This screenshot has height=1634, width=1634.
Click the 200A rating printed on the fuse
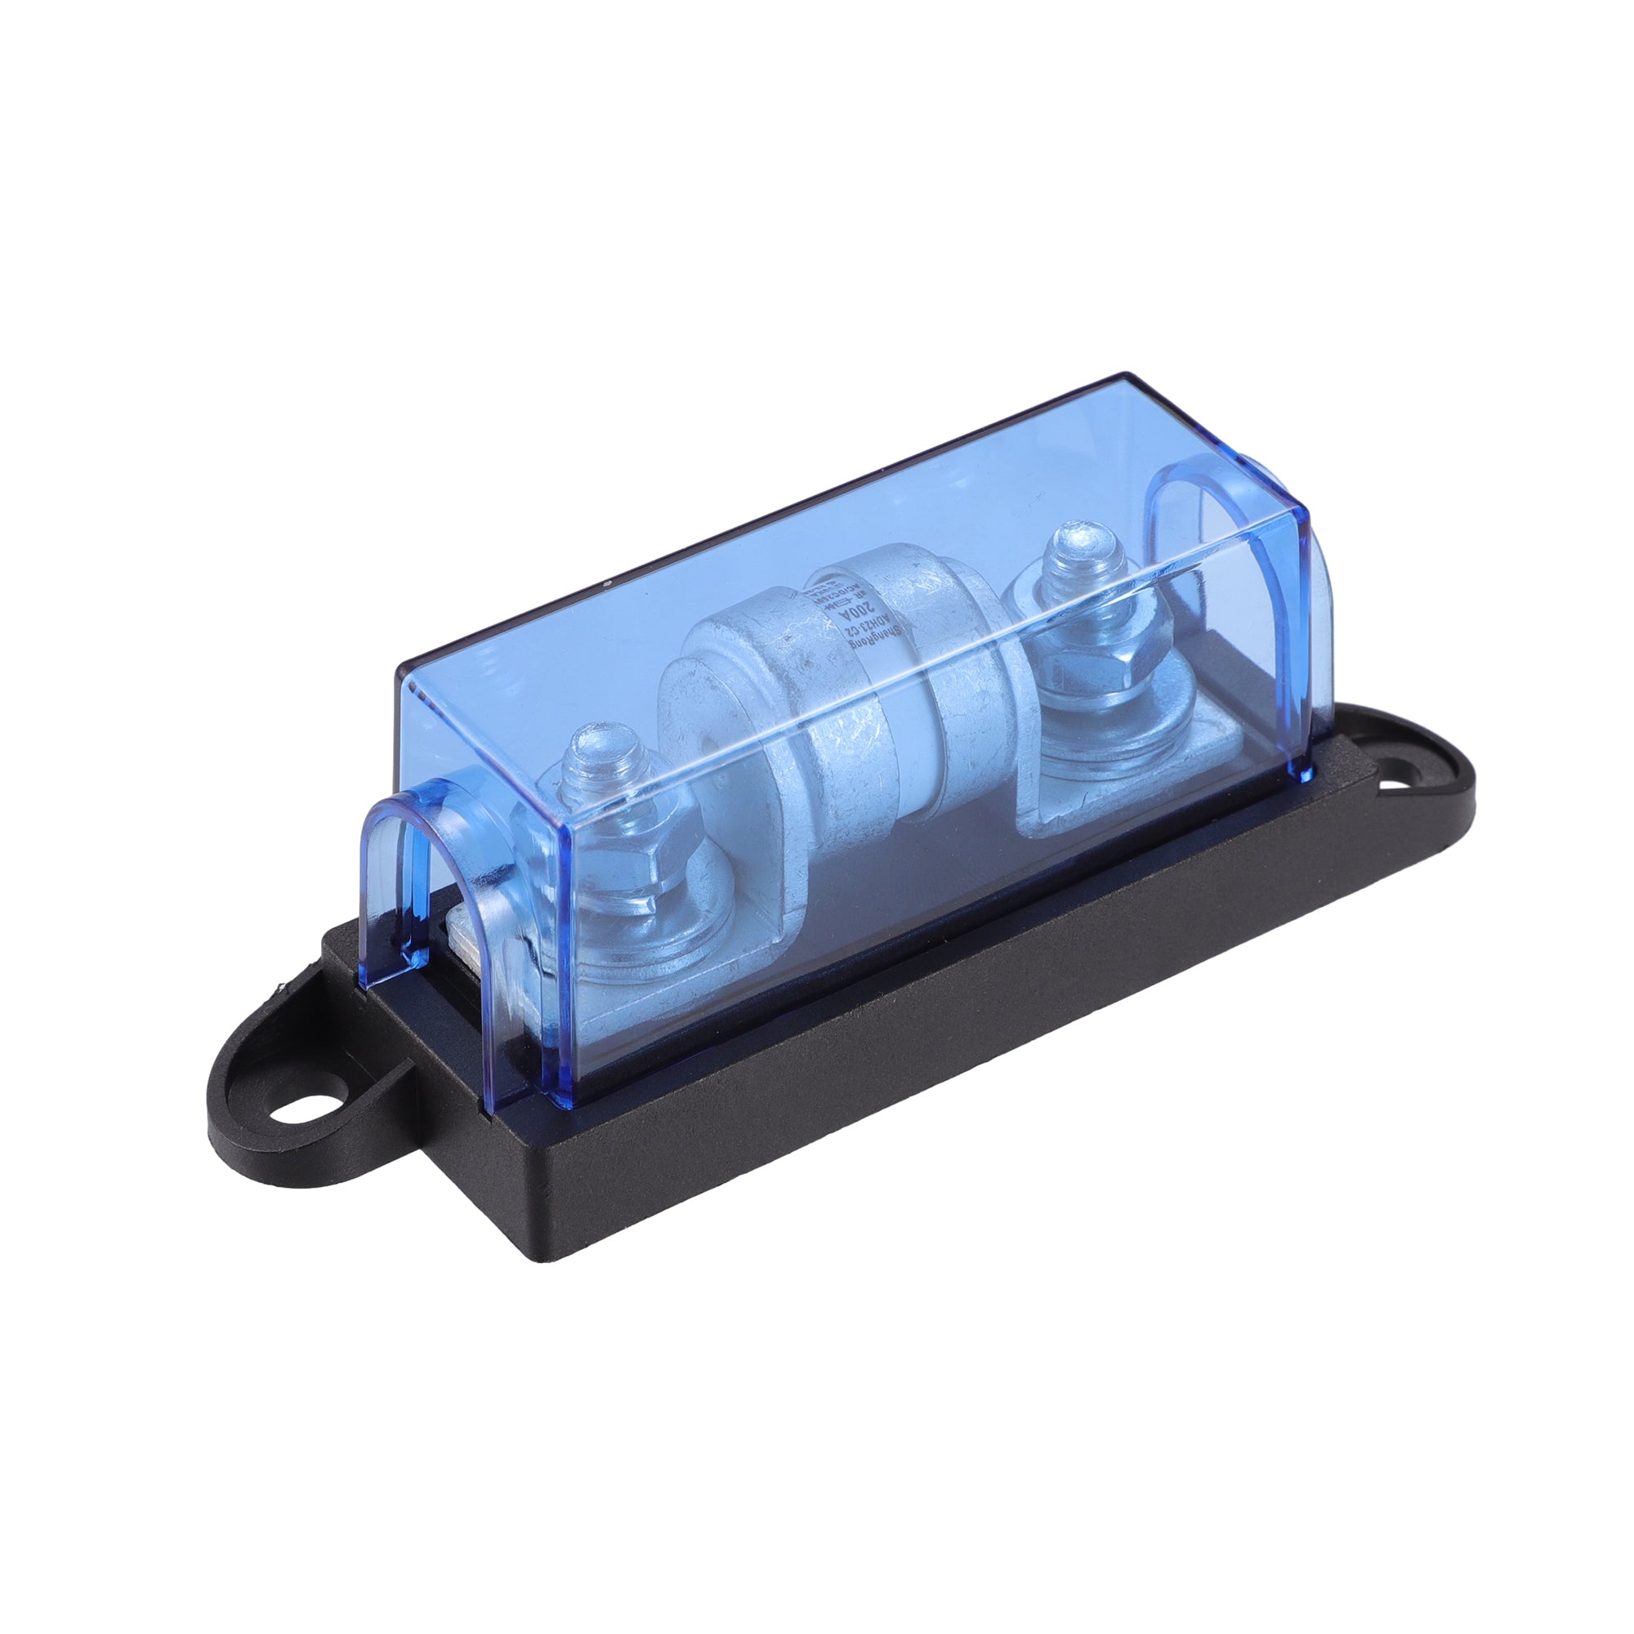(x=864, y=608)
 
